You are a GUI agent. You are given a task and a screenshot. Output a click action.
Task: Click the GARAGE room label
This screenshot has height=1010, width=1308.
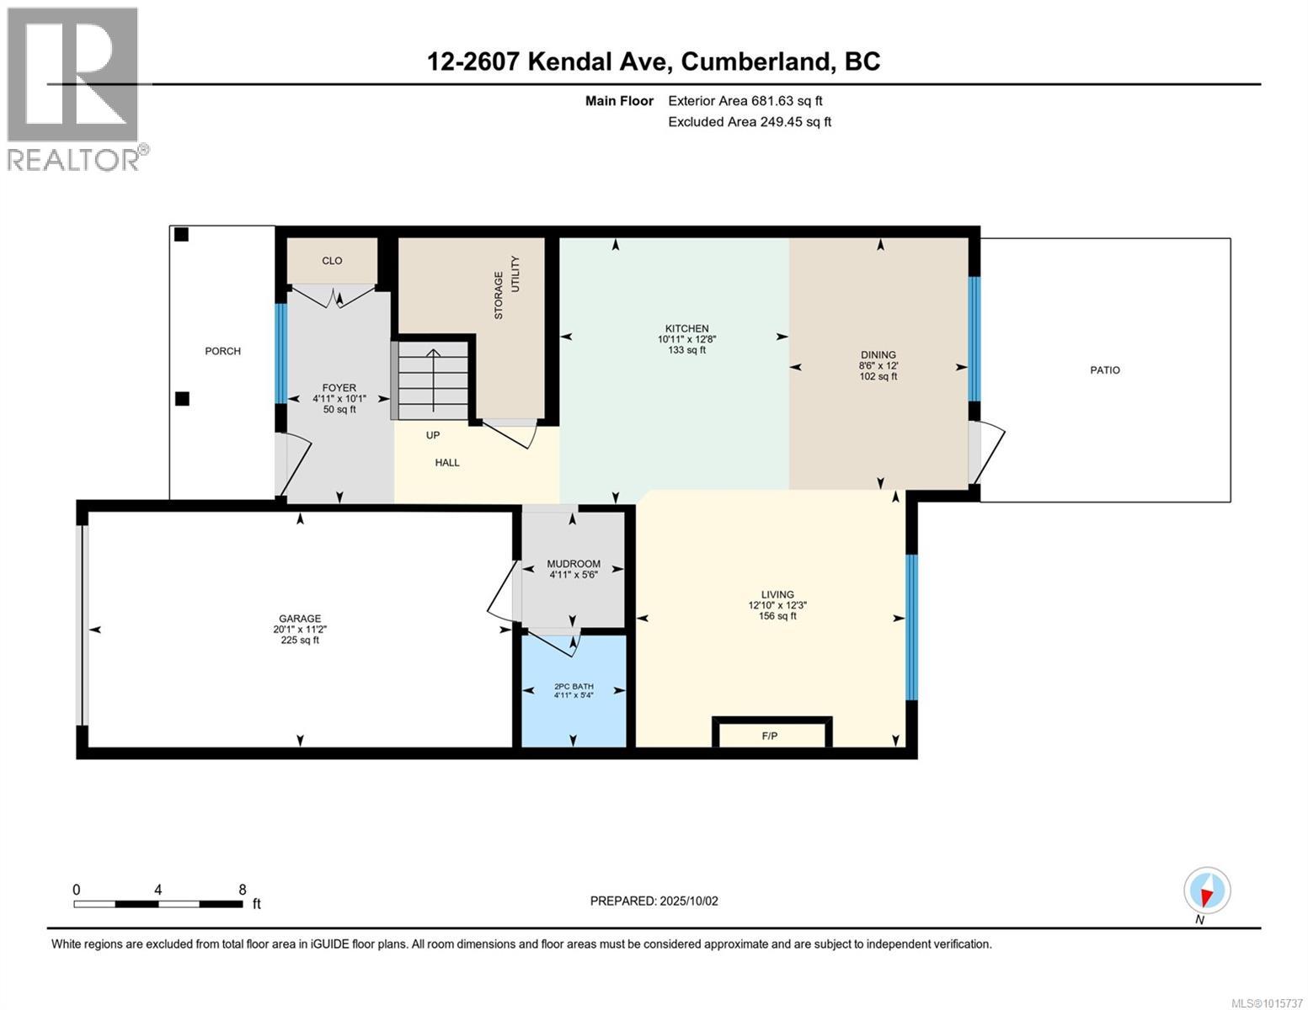300,619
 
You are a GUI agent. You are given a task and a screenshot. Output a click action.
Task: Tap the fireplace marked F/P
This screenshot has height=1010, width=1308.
770,735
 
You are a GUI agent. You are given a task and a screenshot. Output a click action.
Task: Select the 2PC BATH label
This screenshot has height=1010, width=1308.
574,686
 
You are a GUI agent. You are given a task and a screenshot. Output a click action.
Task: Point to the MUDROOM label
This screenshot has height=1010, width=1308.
574,564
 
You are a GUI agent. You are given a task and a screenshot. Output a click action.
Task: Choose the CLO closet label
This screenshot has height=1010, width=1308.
332,261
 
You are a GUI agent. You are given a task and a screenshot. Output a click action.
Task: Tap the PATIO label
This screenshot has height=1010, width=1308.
1105,370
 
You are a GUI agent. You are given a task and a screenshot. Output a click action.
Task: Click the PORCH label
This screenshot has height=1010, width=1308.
222,351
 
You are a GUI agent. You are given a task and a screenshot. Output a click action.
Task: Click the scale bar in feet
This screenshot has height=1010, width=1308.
158,904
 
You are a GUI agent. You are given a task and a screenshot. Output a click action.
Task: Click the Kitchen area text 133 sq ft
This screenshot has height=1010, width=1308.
686,350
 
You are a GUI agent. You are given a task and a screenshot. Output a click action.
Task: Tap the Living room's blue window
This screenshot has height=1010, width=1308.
910,627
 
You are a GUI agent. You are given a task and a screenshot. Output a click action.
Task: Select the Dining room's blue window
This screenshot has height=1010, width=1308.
974,338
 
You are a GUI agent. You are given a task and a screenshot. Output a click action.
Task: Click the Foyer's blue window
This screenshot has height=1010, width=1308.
280,353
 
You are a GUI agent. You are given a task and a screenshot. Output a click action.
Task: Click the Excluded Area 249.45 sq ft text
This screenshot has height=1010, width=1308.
750,122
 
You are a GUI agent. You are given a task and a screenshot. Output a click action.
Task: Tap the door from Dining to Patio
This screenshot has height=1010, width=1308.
984,453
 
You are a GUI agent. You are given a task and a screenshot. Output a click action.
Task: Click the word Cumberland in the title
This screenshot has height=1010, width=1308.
751,61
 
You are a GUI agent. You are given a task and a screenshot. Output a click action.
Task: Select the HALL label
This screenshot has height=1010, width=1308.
447,462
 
